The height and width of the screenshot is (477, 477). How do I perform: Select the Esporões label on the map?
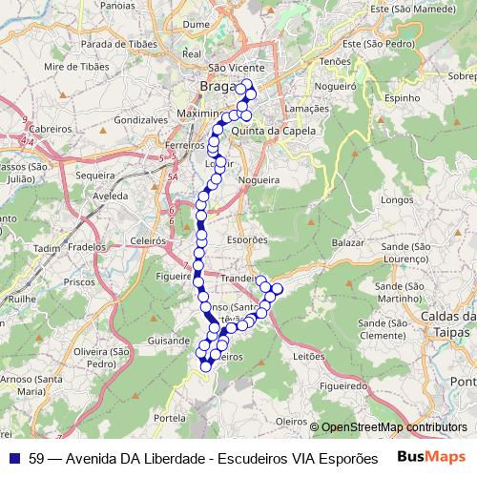248,240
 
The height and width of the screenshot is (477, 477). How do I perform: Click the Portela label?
169,418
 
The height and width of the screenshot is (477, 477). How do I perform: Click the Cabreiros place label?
50,127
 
